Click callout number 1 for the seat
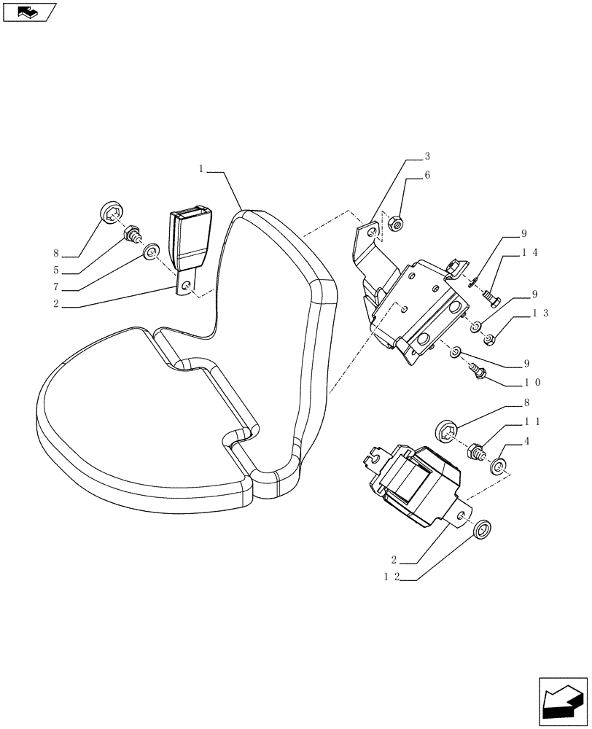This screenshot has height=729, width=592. [201, 168]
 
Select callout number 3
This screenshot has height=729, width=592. [427, 157]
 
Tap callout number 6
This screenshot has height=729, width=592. [427, 176]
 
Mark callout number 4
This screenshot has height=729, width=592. [526, 440]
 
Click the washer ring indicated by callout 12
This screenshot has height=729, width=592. [482, 529]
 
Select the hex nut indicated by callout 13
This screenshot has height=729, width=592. [490, 338]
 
